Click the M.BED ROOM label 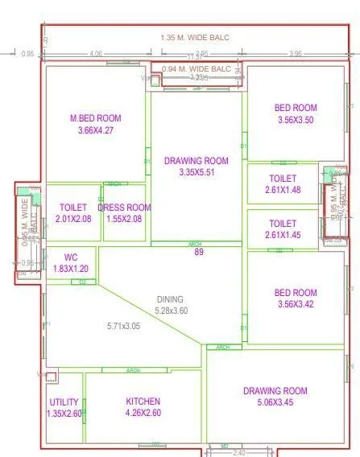(x=96, y=118)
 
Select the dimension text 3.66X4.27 (x=96, y=130)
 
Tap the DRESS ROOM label (x=124, y=208)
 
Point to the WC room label (x=72, y=257)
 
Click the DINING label (x=170, y=299)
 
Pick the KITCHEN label (x=143, y=401)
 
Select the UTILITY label (x=64, y=402)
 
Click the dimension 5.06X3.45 (x=275, y=404)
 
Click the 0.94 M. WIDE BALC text (x=197, y=69)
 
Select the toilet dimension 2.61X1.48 (x=283, y=189)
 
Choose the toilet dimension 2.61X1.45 (x=283, y=234)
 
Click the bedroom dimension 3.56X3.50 (x=296, y=119)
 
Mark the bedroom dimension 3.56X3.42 (x=296, y=304)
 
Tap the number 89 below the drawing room (x=198, y=253)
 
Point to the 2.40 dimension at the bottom (x=239, y=452)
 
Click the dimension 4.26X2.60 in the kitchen (x=143, y=413)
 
